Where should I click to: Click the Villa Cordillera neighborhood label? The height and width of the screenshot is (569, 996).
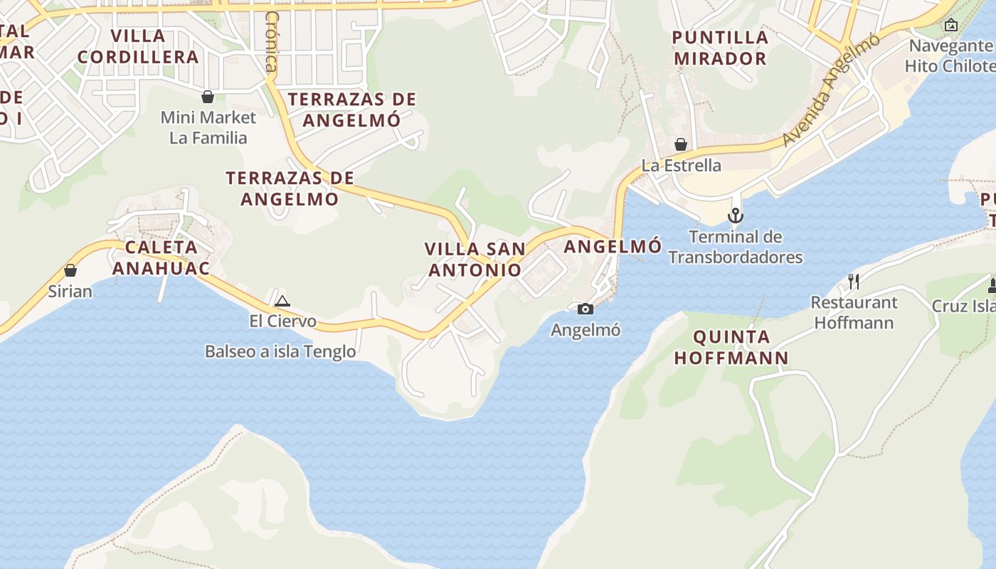(138, 46)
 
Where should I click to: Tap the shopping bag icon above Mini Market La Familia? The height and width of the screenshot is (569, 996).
(208, 97)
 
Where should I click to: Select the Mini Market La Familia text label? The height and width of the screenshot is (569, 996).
(208, 127)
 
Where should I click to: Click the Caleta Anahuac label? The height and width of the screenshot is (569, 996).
(161, 257)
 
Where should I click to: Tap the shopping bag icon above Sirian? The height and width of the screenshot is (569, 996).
(70, 270)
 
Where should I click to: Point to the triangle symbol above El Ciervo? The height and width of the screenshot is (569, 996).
(282, 301)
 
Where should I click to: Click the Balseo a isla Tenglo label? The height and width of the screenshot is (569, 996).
(280, 351)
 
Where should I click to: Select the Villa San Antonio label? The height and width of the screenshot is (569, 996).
(475, 260)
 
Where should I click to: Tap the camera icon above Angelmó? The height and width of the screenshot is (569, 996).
(586, 309)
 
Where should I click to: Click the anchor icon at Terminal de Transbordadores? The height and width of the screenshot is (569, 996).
(735, 215)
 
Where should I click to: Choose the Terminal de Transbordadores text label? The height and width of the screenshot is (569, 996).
(736, 247)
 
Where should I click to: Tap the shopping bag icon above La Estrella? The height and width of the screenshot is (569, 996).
(681, 144)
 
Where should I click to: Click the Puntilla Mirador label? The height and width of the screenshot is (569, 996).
(721, 48)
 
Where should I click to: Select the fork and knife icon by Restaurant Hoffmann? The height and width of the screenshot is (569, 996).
(854, 282)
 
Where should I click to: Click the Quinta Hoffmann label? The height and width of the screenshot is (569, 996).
(731, 347)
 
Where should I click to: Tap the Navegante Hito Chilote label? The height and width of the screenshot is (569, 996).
(950, 55)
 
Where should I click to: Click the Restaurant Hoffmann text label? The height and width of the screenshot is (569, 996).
(854, 312)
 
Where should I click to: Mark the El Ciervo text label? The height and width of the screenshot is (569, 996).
(282, 321)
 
